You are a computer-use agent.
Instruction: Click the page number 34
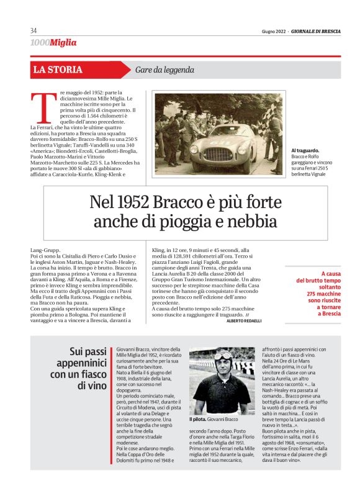tap(34, 31)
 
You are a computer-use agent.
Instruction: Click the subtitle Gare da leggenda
tap(163, 70)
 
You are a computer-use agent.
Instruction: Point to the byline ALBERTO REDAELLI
tap(244, 320)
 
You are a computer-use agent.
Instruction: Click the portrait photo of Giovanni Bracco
tap(222, 380)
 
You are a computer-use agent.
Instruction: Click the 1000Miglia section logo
tap(53, 42)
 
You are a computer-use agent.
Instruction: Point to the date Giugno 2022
tap(274, 32)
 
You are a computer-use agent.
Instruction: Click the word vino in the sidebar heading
tap(95, 386)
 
